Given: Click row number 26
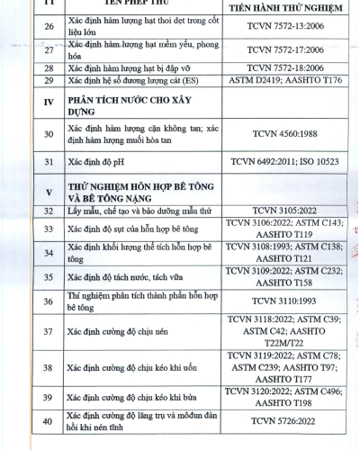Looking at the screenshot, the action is click(49, 27).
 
